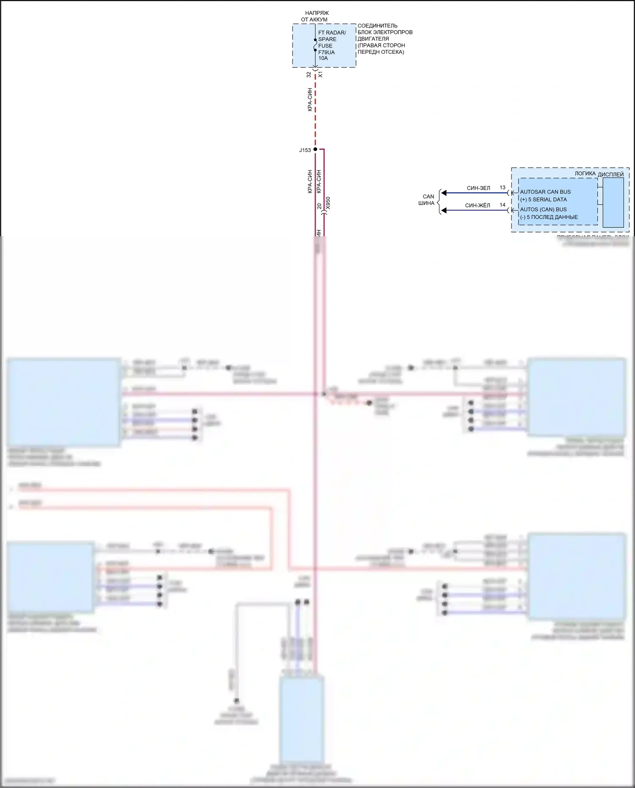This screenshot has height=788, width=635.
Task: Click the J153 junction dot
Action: click(x=315, y=149)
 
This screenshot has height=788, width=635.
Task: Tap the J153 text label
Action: click(x=305, y=150)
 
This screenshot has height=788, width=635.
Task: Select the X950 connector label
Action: click(x=328, y=203)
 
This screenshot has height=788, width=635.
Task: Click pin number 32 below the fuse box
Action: click(x=309, y=75)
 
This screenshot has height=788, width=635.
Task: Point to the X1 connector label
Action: click(x=320, y=75)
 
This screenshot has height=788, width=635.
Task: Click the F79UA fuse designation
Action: click(x=326, y=52)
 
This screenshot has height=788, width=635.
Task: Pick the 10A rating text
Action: click(x=323, y=58)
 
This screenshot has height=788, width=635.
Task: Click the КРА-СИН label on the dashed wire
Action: click(x=309, y=100)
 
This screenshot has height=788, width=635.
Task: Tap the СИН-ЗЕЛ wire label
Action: click(x=478, y=188)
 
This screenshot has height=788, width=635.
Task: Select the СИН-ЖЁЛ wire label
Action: click(x=478, y=205)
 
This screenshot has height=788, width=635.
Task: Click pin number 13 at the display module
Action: click(x=502, y=187)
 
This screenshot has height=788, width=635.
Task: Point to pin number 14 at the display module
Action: click(x=502, y=205)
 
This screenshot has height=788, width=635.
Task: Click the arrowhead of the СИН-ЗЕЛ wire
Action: click(x=444, y=193)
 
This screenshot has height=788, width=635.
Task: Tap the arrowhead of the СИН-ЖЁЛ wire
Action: click(x=444, y=210)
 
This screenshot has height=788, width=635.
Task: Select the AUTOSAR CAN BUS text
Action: click(x=545, y=192)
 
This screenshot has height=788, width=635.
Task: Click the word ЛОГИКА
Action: click(x=585, y=174)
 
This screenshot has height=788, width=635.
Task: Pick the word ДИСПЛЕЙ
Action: click(x=610, y=174)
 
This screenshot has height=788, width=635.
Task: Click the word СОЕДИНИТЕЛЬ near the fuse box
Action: click(x=378, y=26)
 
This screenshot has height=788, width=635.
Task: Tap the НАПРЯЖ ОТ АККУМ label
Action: click(x=315, y=16)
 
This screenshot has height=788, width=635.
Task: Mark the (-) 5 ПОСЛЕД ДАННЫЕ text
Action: click(x=549, y=217)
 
